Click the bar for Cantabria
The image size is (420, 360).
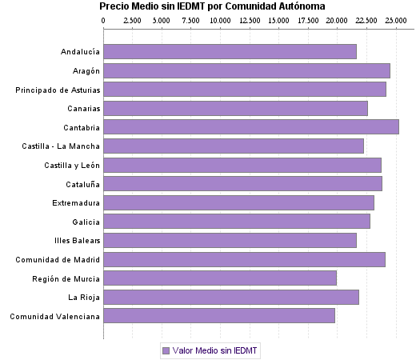(250, 126)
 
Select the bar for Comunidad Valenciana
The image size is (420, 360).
(218, 316)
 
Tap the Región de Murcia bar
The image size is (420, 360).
(219, 278)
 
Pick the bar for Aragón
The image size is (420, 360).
(246, 70)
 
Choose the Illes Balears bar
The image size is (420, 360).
(230, 240)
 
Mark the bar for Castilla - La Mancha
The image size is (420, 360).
(234, 146)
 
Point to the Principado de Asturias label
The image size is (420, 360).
(58, 90)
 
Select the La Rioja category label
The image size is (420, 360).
(84, 298)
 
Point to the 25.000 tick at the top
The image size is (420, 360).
(396, 20)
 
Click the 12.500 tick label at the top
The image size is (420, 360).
(250, 20)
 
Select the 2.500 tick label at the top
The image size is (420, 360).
(133, 20)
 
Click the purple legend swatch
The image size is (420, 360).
(166, 350)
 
